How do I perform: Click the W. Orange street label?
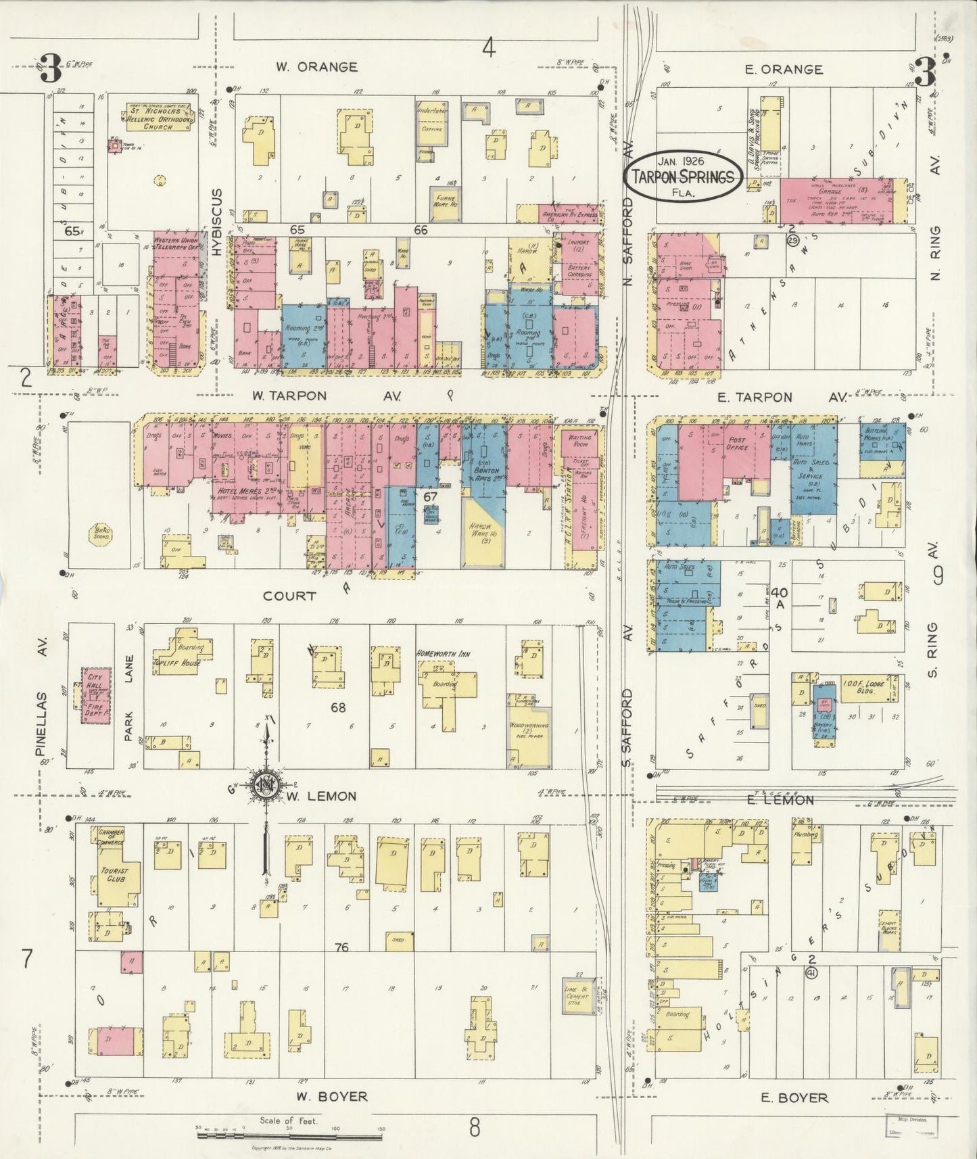(316, 67)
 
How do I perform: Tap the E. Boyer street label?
(794, 1097)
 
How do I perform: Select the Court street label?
(289, 596)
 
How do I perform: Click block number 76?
(341, 947)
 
